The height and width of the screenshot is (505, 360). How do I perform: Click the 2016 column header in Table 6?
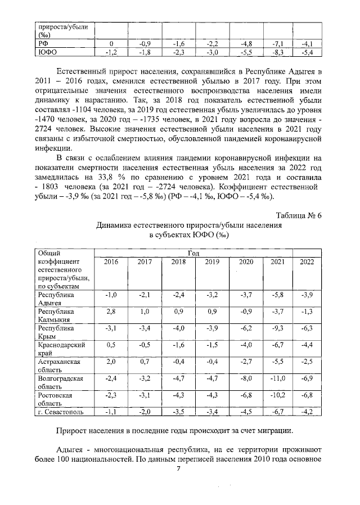pyautogui.click(x=111, y=261)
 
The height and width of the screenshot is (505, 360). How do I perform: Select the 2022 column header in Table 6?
pyautogui.click(x=307, y=261)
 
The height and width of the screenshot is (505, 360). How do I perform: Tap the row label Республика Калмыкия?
pyautogui.click(x=56, y=315)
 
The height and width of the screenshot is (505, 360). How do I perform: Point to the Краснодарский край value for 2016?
pyautogui.click(x=111, y=345)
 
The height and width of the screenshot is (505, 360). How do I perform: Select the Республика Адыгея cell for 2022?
pyautogui.click(x=307, y=295)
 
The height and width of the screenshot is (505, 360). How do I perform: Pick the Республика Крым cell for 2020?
pyautogui.click(x=245, y=328)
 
